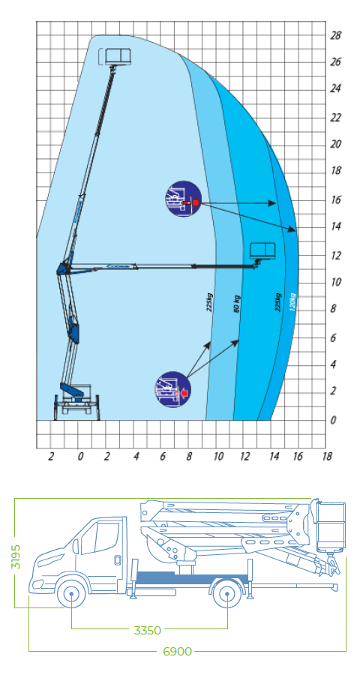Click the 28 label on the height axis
[335, 34]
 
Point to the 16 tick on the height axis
[335, 199]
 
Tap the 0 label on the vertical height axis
[334, 420]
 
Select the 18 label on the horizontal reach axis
[325, 455]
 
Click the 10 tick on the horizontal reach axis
[217, 455]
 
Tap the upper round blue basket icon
[184, 199]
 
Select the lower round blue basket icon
[172, 388]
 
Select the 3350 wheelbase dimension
[148, 631]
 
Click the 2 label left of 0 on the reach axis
[51, 455]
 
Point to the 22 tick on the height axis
[335, 117]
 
